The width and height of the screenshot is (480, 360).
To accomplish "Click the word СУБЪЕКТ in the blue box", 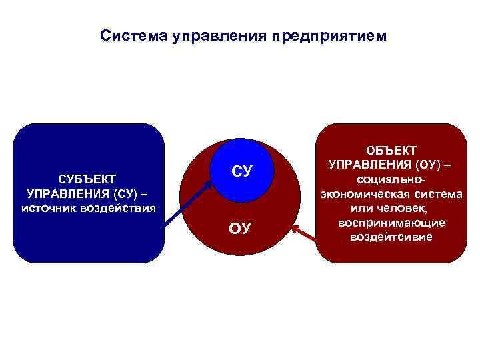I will click(x=87, y=179).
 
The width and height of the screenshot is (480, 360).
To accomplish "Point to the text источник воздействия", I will click(x=88, y=208).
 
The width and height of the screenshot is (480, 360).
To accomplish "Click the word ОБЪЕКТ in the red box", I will click(x=391, y=151).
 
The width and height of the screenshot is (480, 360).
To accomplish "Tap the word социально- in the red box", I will click(x=391, y=180).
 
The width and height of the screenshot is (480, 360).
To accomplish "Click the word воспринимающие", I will click(x=391, y=223).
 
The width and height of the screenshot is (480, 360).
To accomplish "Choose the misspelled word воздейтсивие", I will click(x=391, y=237).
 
